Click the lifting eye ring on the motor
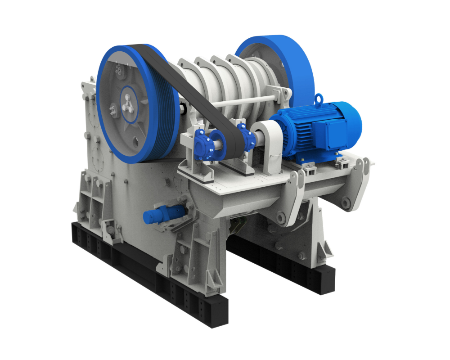tap(319, 98)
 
